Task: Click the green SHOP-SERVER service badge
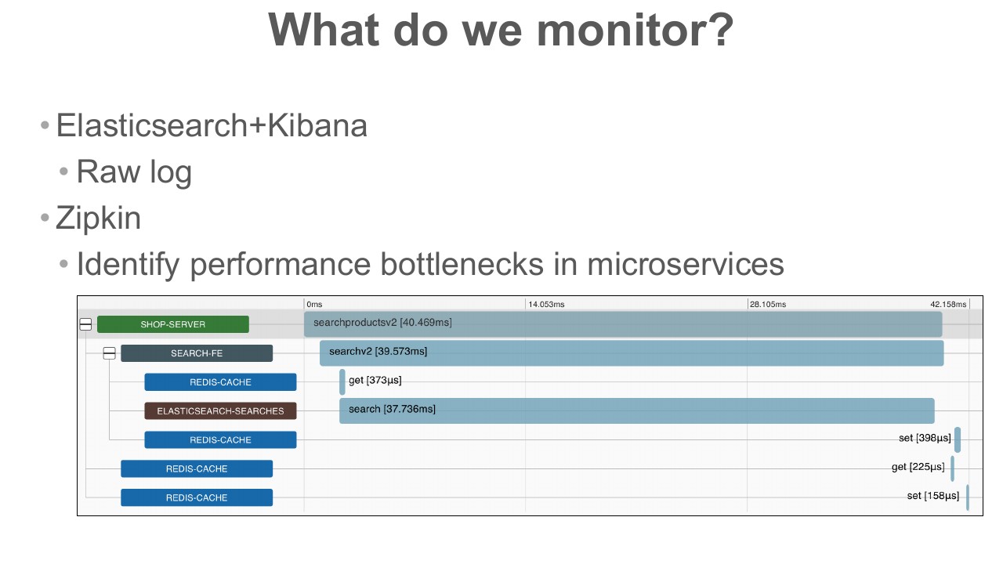pyautogui.click(x=173, y=324)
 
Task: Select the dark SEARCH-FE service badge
pyautogui.click(x=197, y=353)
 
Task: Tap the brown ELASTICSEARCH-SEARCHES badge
pyautogui.click(x=220, y=411)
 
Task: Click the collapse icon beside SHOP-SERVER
pyautogui.click(x=85, y=324)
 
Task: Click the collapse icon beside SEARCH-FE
pyautogui.click(x=109, y=353)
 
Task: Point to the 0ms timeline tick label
pyautogui.click(x=314, y=305)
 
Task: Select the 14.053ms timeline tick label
pyautogui.click(x=546, y=305)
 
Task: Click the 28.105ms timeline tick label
pyautogui.click(x=768, y=305)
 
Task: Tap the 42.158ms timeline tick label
pyautogui.click(x=948, y=305)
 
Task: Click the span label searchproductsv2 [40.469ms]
pyautogui.click(x=382, y=322)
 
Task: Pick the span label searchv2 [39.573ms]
pyautogui.click(x=378, y=352)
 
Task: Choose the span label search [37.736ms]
pyautogui.click(x=392, y=409)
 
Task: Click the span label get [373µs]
pyautogui.click(x=375, y=380)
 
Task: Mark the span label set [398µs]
pyautogui.click(x=925, y=438)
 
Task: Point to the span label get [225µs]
pyautogui.click(x=918, y=467)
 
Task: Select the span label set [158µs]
pyautogui.click(x=933, y=496)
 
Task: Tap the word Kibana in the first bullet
pyautogui.click(x=317, y=125)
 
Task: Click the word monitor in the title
pyautogui.click(x=634, y=31)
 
